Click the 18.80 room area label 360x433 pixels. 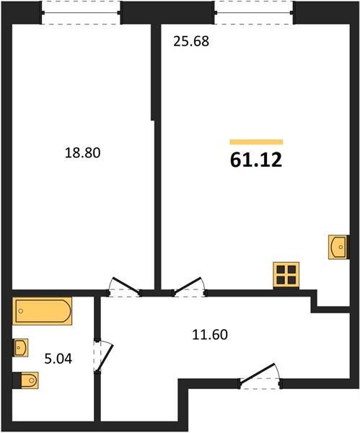click(x=82, y=153)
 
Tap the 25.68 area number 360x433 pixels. click(x=191, y=41)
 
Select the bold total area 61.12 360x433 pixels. click(x=256, y=160)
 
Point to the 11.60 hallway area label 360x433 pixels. click(x=210, y=335)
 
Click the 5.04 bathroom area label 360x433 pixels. click(x=58, y=359)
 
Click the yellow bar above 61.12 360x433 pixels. click(x=256, y=142)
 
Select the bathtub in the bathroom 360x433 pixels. click(x=42, y=311)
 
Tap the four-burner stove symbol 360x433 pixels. click(x=286, y=275)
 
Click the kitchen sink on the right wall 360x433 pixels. click(x=338, y=247)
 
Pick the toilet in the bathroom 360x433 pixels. click(x=25, y=380)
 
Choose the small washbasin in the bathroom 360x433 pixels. click(x=20, y=347)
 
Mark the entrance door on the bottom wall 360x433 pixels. click(x=260, y=377)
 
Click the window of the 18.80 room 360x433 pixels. click(x=81, y=13)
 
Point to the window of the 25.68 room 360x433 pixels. click(x=254, y=13)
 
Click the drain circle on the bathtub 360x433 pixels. click(x=21, y=311)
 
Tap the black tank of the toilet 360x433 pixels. click(x=17, y=380)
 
